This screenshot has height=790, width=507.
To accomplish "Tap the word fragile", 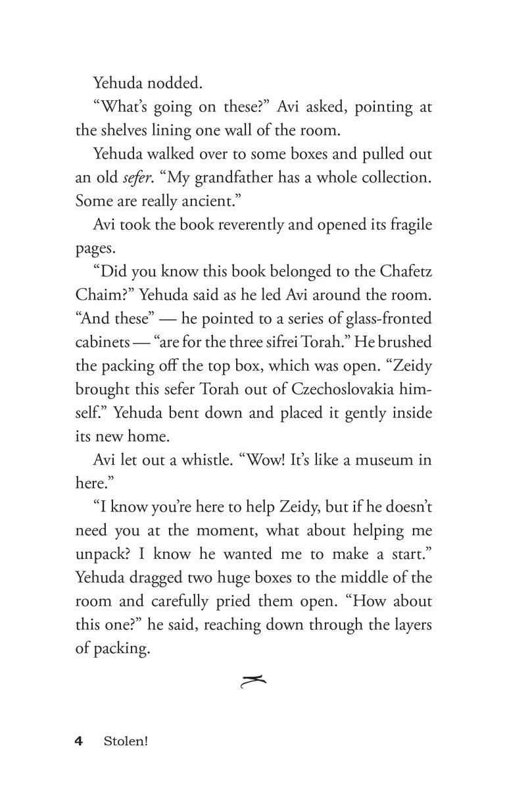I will pos(404,224).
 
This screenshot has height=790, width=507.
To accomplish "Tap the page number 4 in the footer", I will pos(79,742).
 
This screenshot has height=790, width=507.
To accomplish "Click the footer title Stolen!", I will pos(125,742).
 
